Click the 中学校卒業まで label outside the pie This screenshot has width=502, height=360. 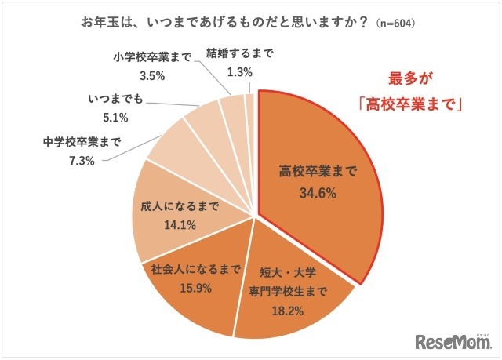click(79, 143)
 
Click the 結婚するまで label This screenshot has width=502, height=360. click(239, 53)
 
